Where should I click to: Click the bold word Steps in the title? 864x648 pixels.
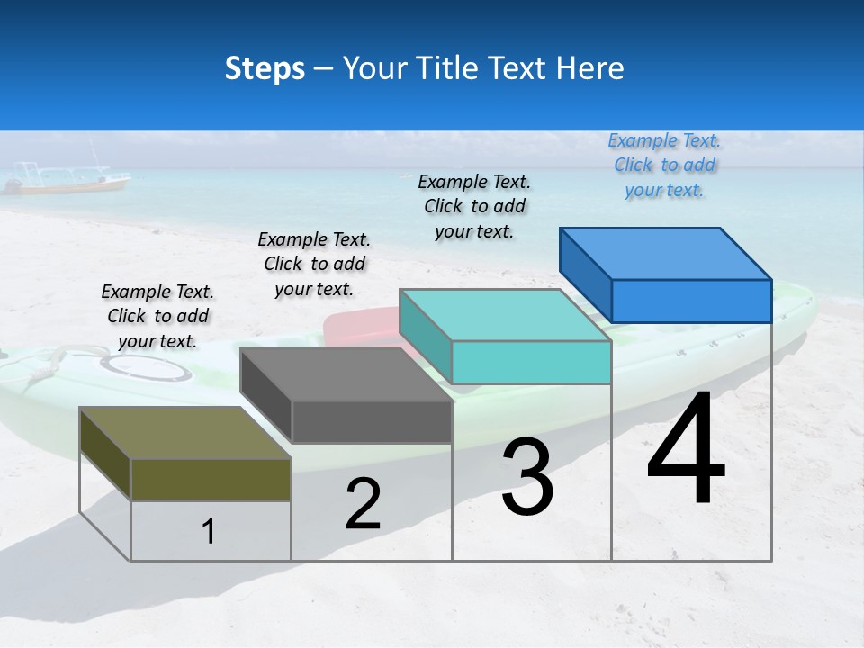click(x=265, y=68)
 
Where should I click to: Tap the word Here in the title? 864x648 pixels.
click(x=590, y=68)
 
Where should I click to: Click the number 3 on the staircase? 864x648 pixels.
click(x=526, y=477)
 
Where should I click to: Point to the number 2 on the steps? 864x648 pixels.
click(x=363, y=505)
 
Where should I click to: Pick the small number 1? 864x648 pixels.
click(x=209, y=532)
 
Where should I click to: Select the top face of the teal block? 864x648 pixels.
click(x=505, y=316)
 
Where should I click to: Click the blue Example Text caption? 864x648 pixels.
click(x=664, y=166)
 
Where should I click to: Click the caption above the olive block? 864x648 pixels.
click(x=157, y=316)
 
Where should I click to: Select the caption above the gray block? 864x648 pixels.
click(x=314, y=264)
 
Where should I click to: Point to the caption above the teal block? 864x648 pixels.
click(x=474, y=206)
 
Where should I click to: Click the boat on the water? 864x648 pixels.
click(x=67, y=181)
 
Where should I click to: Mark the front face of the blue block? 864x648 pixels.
click(x=691, y=301)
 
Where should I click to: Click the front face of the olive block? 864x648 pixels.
click(x=211, y=479)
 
